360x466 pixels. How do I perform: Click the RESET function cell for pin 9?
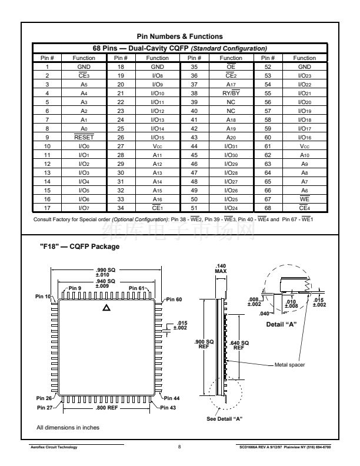(84, 137)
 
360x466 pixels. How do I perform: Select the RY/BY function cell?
(231, 93)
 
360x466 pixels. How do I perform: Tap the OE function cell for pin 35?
(231, 66)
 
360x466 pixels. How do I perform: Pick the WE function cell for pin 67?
(305, 199)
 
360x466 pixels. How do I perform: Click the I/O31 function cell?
(231, 147)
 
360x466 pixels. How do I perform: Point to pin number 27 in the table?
(121, 147)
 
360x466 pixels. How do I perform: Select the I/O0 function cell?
(84, 147)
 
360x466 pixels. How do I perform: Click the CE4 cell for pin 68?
(305, 208)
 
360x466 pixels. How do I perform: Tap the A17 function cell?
(231, 84)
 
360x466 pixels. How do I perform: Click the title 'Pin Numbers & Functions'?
(179, 36)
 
